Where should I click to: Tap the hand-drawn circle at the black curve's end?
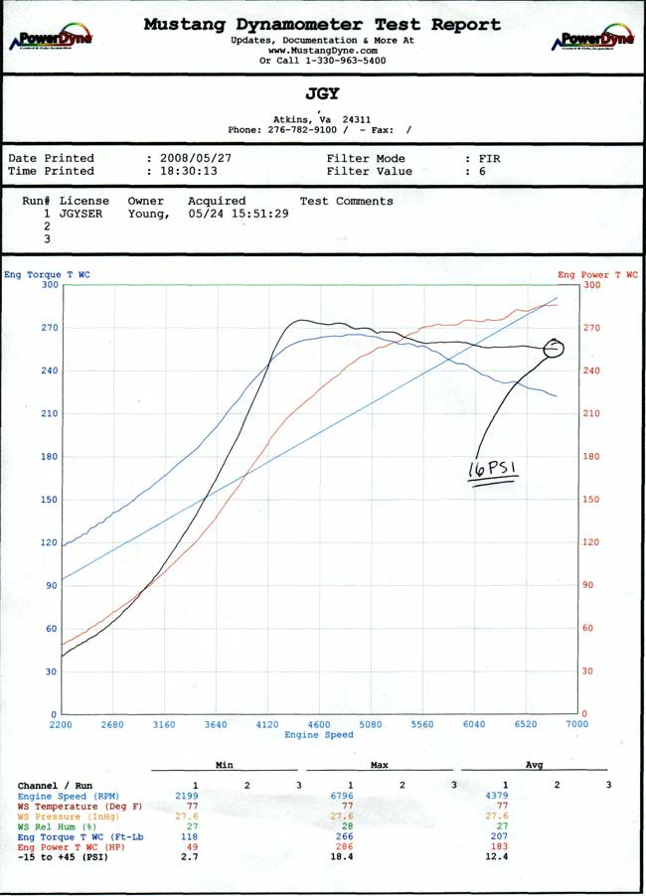554,348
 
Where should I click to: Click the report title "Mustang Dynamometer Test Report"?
322,25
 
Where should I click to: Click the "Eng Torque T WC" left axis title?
46,274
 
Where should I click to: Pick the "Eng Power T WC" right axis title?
598,275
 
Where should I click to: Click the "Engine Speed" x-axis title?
318,735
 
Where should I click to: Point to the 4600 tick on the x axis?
319,725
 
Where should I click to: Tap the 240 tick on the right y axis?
590,371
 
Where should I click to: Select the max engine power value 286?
350,845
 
